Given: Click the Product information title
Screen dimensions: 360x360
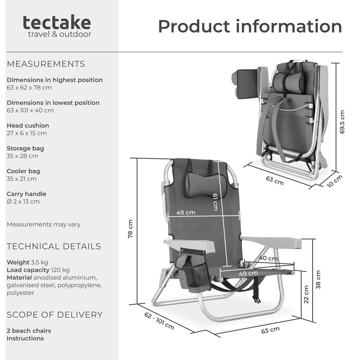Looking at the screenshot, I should pos(250,27).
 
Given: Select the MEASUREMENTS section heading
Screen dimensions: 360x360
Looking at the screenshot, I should pos(46,64).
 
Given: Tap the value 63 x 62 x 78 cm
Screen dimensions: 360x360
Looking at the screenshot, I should pos(29,87).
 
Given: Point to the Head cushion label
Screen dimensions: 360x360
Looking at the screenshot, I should pos(28,125).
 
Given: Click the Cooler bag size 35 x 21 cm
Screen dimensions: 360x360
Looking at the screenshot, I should pos(22,179).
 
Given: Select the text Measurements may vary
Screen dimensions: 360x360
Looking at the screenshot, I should pos(44,224).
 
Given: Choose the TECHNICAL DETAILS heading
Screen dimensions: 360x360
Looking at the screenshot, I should pos(54,247).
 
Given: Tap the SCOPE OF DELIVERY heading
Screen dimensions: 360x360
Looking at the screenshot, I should pos(54,315).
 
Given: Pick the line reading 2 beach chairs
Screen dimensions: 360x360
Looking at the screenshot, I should pos(29,330).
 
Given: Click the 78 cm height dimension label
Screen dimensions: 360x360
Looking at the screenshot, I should pos(131,229).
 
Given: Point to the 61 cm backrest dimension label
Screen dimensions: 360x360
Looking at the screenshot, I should pos(215,202).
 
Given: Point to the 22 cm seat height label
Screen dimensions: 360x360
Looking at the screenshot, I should pos(306,294).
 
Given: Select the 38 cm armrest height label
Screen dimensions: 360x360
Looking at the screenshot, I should pos(318,280).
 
